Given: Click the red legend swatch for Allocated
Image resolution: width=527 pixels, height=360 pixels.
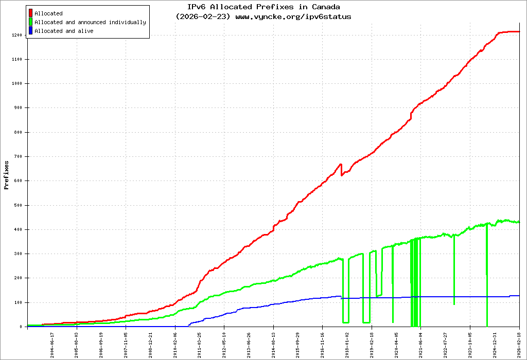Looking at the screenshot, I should (31, 13).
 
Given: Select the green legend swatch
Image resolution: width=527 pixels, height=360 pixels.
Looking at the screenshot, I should (31, 22).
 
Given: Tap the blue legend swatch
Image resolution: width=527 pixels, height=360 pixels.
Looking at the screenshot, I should (31, 31).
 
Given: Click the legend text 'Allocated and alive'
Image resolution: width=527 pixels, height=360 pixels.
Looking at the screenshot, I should (64, 31).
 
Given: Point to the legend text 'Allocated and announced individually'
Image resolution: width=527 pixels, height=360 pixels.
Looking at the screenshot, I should (90, 22).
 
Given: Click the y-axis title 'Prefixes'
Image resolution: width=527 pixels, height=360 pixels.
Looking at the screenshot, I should (7, 175).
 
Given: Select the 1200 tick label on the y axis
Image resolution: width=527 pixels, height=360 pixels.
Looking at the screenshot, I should (16, 35).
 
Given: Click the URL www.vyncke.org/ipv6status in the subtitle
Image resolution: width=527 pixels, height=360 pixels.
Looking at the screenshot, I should (293, 16).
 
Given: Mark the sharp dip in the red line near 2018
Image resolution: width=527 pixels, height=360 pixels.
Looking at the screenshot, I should (342, 175).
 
